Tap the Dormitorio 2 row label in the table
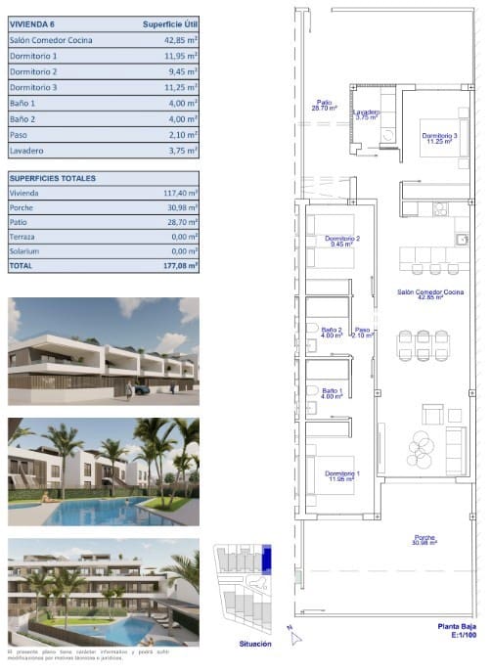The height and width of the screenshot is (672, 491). [x=33, y=71]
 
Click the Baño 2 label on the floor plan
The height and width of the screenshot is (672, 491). [x=332, y=333]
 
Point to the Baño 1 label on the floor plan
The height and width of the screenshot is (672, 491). [x=332, y=393]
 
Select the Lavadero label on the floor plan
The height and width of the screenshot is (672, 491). [x=367, y=114]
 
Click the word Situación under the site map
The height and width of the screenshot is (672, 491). [x=255, y=644]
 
